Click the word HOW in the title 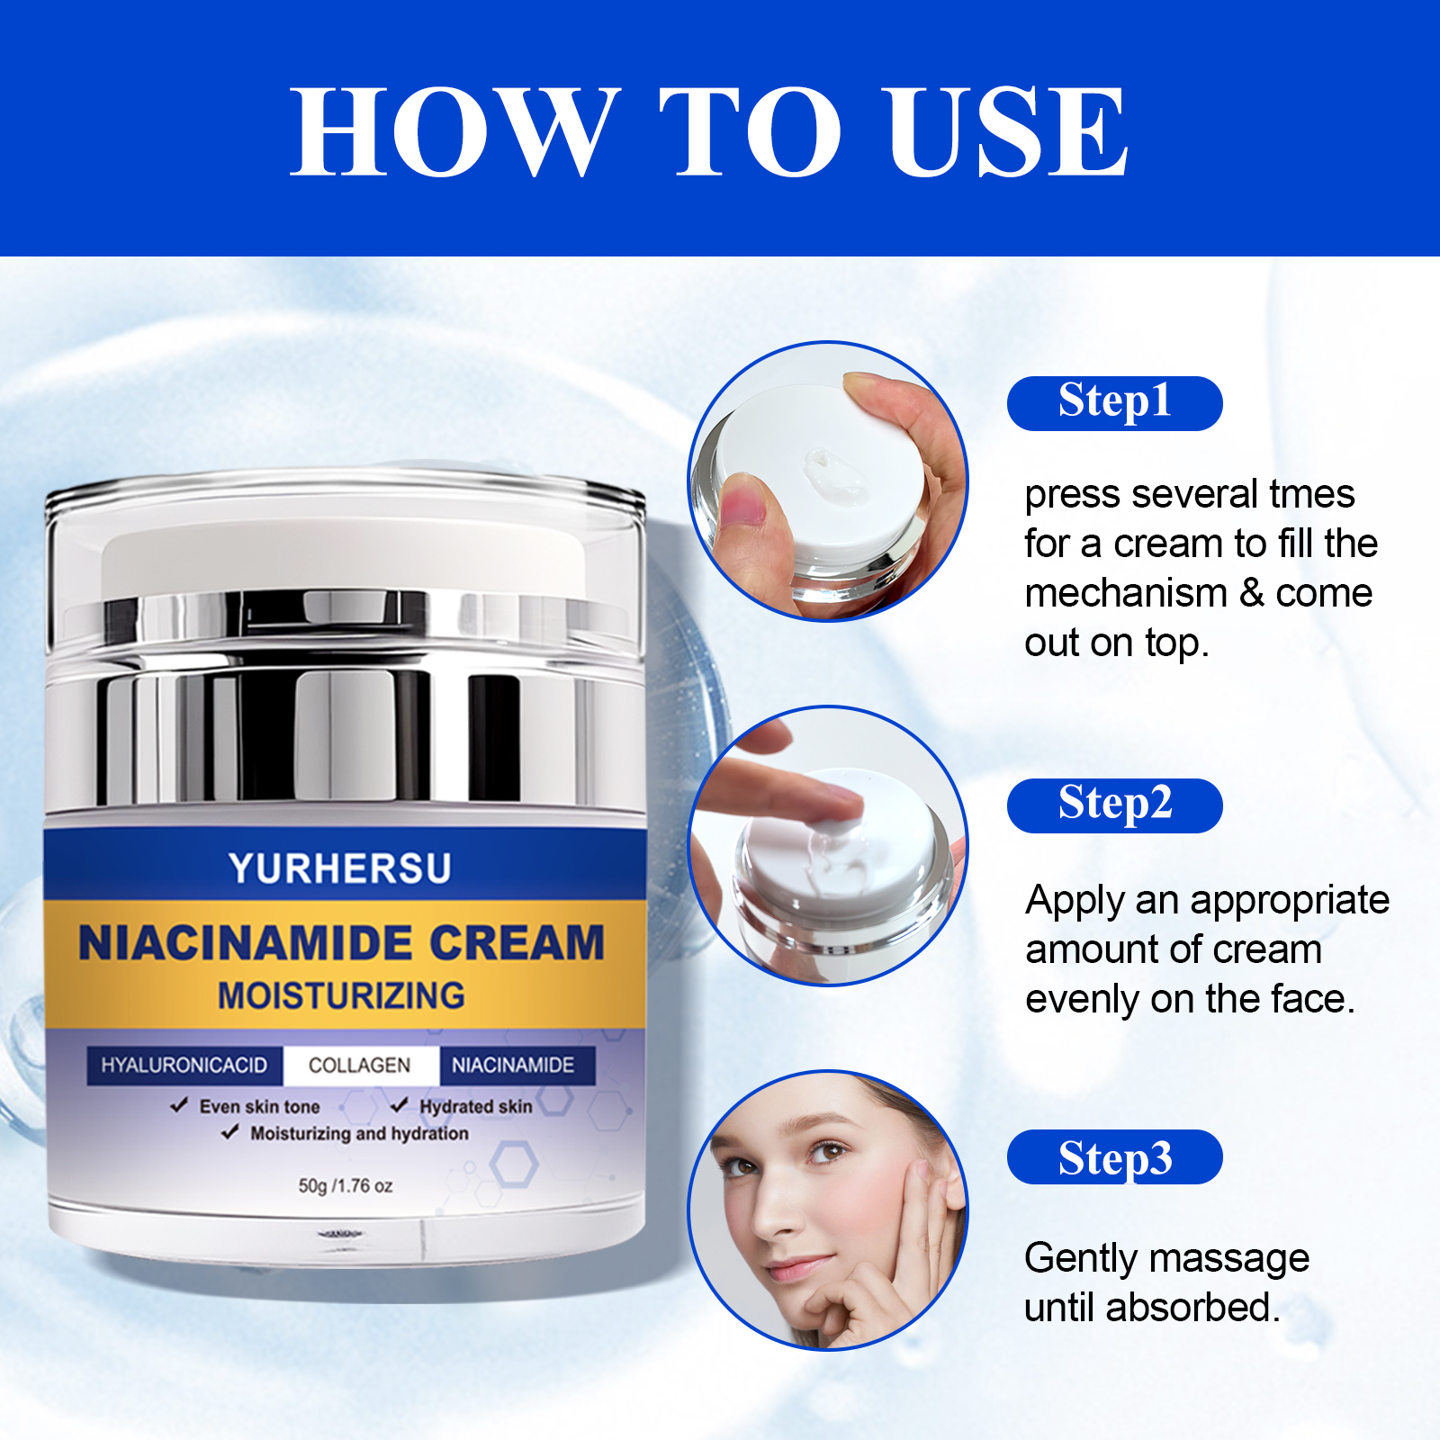pos(454,131)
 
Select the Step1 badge pos(1114,402)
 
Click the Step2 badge pos(1114,805)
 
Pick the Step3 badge pos(1114,1157)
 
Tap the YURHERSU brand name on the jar pos(340,868)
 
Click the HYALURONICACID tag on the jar pos(184,1066)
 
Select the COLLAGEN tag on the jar pos(360,1066)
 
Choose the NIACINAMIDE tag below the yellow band pos(513,1066)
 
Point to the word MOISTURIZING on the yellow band pos(342,996)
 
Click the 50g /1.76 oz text pos(346,1186)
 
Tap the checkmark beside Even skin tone pos(179,1105)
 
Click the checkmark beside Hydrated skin pos(400,1104)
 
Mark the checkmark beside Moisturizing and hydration pos(230,1132)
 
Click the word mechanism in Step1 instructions pos(1126,594)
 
